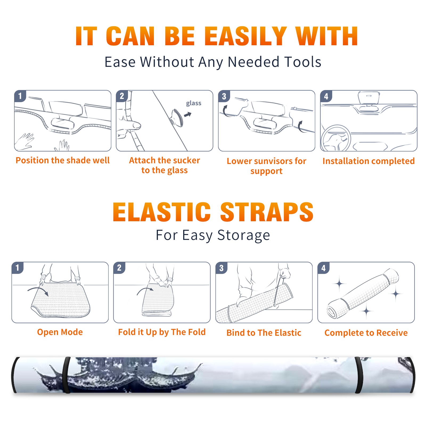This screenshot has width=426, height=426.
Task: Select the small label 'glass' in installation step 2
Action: click(x=194, y=103)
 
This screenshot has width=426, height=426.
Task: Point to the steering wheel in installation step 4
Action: click(x=336, y=139)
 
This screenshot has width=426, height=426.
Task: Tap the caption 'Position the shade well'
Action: click(x=63, y=160)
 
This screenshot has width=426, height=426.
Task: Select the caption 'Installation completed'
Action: click(x=368, y=161)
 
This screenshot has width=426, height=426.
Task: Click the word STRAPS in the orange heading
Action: click(x=267, y=212)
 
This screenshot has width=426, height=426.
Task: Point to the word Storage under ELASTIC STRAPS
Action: click(x=244, y=235)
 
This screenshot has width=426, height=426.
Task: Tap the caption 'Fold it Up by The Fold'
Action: click(x=162, y=332)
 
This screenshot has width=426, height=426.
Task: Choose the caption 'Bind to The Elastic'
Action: click(x=264, y=333)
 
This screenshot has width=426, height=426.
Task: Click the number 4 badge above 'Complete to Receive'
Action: click(x=323, y=268)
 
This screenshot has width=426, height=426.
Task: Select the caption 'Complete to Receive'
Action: click(x=366, y=333)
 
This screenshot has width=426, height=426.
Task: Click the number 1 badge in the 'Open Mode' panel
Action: click(x=18, y=268)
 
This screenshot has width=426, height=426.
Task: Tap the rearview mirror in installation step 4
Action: click(x=369, y=98)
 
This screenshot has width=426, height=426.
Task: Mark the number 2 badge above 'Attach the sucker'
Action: click(x=122, y=96)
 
